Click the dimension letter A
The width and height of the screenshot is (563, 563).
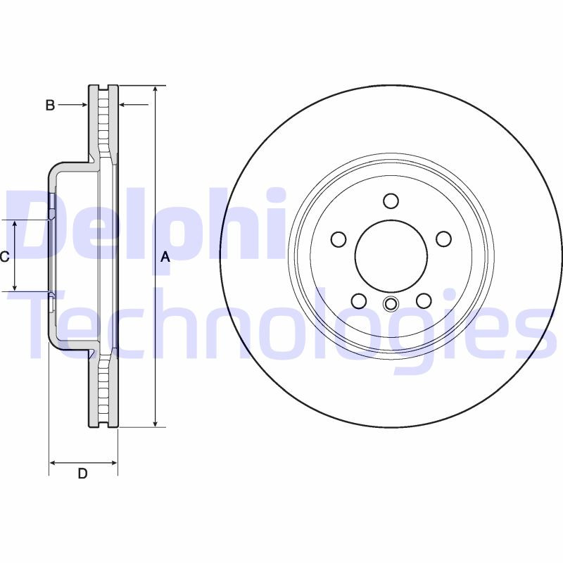[165, 257]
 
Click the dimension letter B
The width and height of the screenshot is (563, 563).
[50, 106]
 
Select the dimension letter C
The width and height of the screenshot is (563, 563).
[4, 257]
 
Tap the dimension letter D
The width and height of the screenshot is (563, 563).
[82, 474]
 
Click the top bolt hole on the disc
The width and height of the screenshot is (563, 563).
[391, 201]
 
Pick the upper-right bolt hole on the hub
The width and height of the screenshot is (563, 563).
[443, 239]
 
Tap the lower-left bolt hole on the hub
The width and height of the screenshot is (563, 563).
[359, 301]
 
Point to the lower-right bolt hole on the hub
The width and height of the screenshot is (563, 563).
[423, 301]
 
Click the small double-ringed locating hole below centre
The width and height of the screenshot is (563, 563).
[391, 304]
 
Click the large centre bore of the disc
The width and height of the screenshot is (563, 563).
[391, 256]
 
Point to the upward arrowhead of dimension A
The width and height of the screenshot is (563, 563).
[156, 90]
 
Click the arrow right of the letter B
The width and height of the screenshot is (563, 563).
[81, 105]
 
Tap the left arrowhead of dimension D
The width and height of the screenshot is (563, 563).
[53, 463]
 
